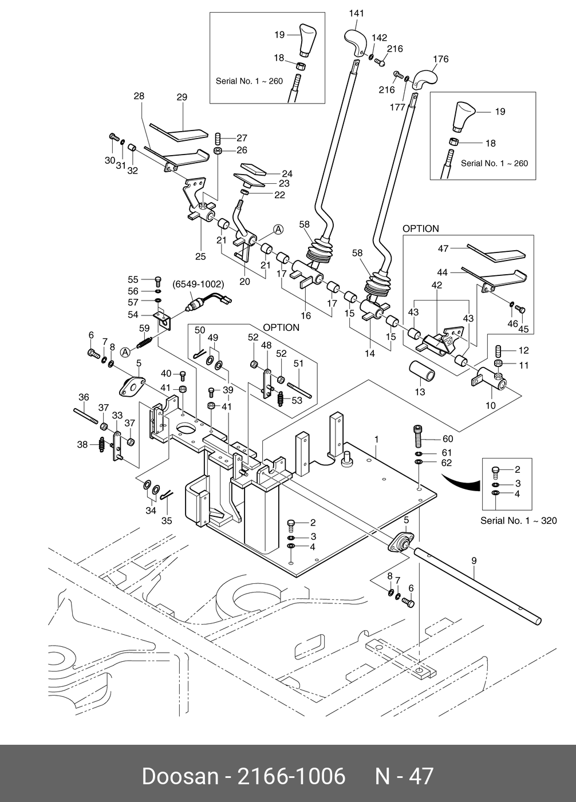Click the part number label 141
[x=356, y=13]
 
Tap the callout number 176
[x=441, y=59]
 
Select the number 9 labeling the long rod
[x=474, y=561]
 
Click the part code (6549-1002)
[x=198, y=284]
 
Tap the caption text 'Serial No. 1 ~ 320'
[x=518, y=521]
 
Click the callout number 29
[x=182, y=97]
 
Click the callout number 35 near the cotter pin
[x=166, y=520]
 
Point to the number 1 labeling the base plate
[x=376, y=440]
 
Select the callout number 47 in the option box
[x=443, y=248]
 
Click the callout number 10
[x=491, y=405]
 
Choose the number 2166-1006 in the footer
[x=291, y=776]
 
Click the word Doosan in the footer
[x=179, y=776]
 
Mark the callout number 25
[x=200, y=256]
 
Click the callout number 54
[x=133, y=315]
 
